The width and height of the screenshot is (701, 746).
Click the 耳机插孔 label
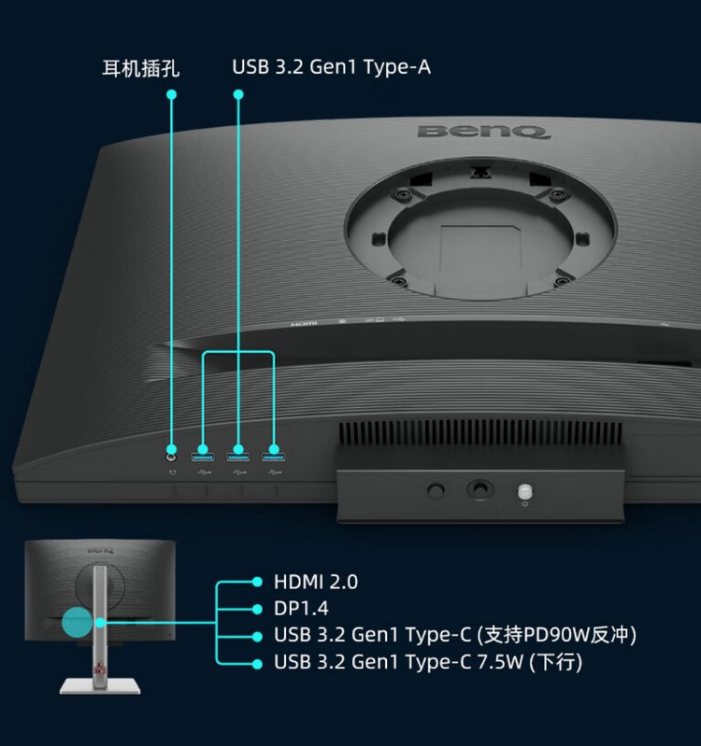click(141, 68)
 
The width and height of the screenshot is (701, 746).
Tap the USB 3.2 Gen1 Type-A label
click(332, 67)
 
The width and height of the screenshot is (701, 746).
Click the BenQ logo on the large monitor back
click(483, 132)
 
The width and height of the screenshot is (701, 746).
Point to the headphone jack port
click(172, 457)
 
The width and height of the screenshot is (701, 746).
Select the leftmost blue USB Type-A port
click(203, 457)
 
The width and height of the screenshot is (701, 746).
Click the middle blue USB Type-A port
click(238, 457)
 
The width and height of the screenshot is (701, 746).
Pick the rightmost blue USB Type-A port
click(273, 457)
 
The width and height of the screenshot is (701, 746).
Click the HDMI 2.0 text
click(316, 582)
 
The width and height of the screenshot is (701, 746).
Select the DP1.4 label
click(301, 609)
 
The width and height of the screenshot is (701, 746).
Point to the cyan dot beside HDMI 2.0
click(257, 582)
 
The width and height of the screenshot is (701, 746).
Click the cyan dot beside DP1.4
click(257, 609)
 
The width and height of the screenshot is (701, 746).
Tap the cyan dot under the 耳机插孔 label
click(172, 94)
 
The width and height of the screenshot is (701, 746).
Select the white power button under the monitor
click(524, 491)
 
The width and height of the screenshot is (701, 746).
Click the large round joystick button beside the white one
click(480, 488)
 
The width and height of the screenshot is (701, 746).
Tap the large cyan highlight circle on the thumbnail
click(78, 622)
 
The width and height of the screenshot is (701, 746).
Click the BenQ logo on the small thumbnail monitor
click(101, 550)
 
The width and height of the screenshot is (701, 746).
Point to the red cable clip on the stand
click(99, 669)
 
